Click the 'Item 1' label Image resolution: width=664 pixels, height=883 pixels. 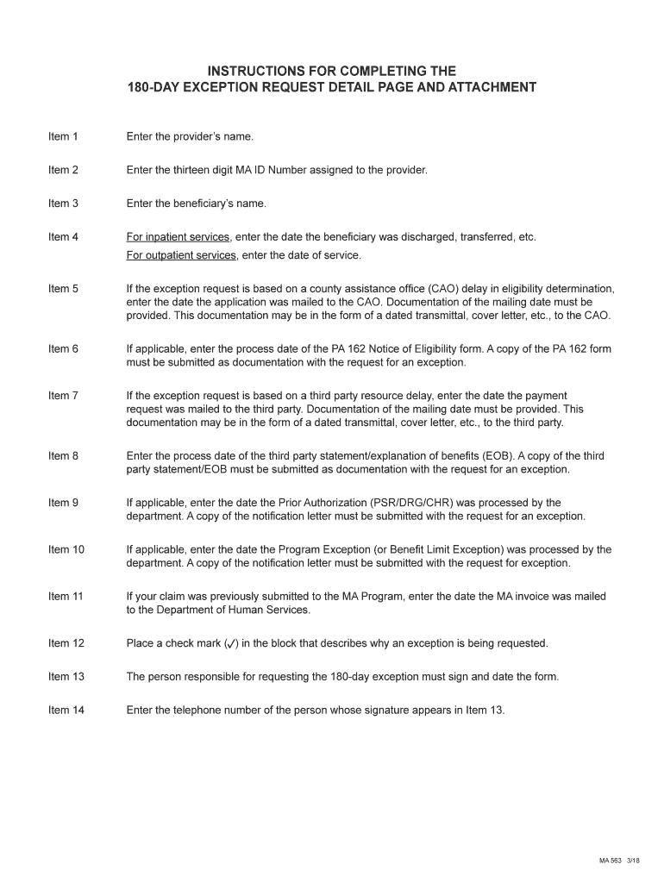pyautogui.click(x=63, y=136)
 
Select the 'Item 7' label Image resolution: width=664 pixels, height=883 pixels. pyautogui.click(x=63, y=396)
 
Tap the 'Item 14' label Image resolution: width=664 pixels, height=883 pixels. pyautogui.click(x=66, y=711)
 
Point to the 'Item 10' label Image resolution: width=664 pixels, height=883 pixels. pyautogui.click(x=66, y=549)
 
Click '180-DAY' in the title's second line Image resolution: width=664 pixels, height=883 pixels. pyautogui.click(x=155, y=87)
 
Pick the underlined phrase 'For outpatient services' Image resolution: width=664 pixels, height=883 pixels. pyautogui.click(x=181, y=255)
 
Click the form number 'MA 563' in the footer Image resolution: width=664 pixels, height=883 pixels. pyautogui.click(x=611, y=861)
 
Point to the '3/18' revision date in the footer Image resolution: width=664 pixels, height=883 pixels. pyautogui.click(x=633, y=861)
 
